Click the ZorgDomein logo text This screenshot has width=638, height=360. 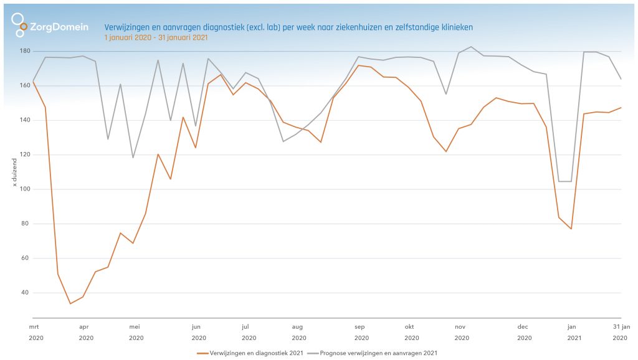tap(59, 27)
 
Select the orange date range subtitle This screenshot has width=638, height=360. tap(156, 37)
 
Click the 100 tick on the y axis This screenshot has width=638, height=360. tap(24, 189)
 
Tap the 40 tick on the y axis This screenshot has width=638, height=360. tap(25, 293)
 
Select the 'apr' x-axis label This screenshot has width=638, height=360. tap(84, 326)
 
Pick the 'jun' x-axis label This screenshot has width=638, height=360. tap(196, 326)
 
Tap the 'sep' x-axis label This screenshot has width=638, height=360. tap(359, 326)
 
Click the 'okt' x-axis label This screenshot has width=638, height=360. tap(409, 326)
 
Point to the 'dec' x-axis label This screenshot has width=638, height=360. tap(523, 326)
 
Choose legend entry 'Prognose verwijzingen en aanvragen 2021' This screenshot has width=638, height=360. tap(379, 353)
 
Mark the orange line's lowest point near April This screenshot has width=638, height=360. tap(70, 303)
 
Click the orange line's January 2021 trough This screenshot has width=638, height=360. tap(571, 229)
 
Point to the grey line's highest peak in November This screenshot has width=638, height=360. tap(471, 47)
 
